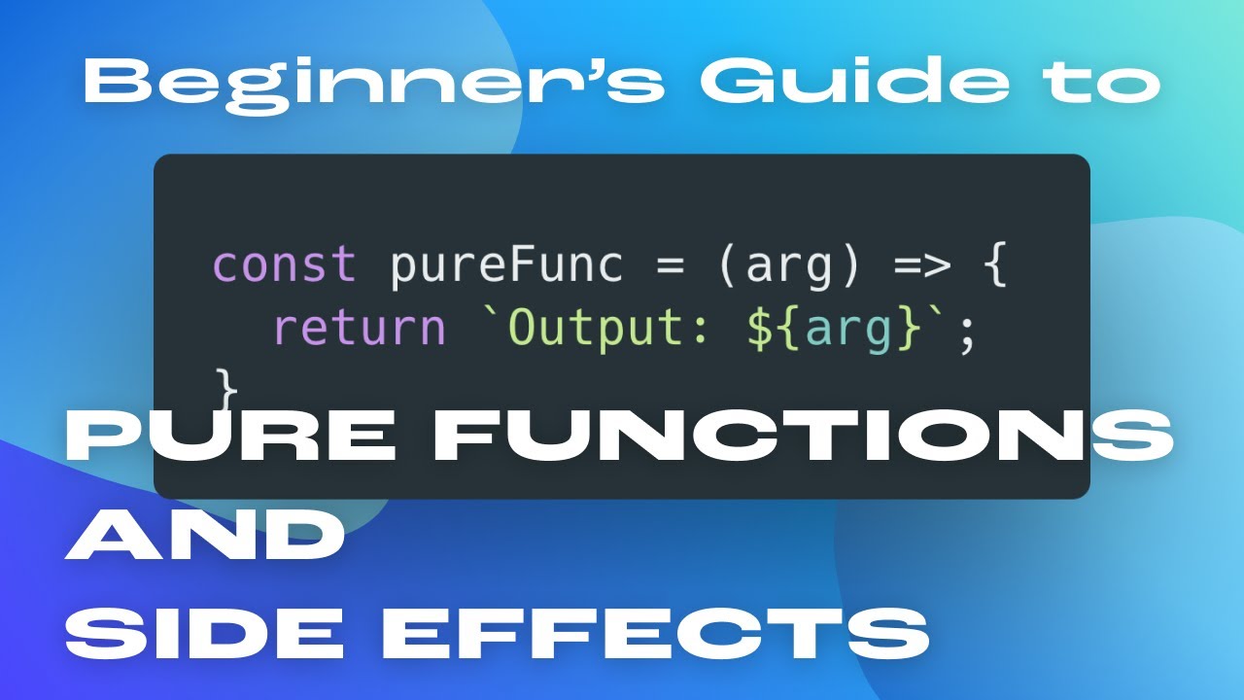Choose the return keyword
pyautogui.click(x=360, y=329)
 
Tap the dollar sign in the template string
pyautogui.click(x=760, y=329)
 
